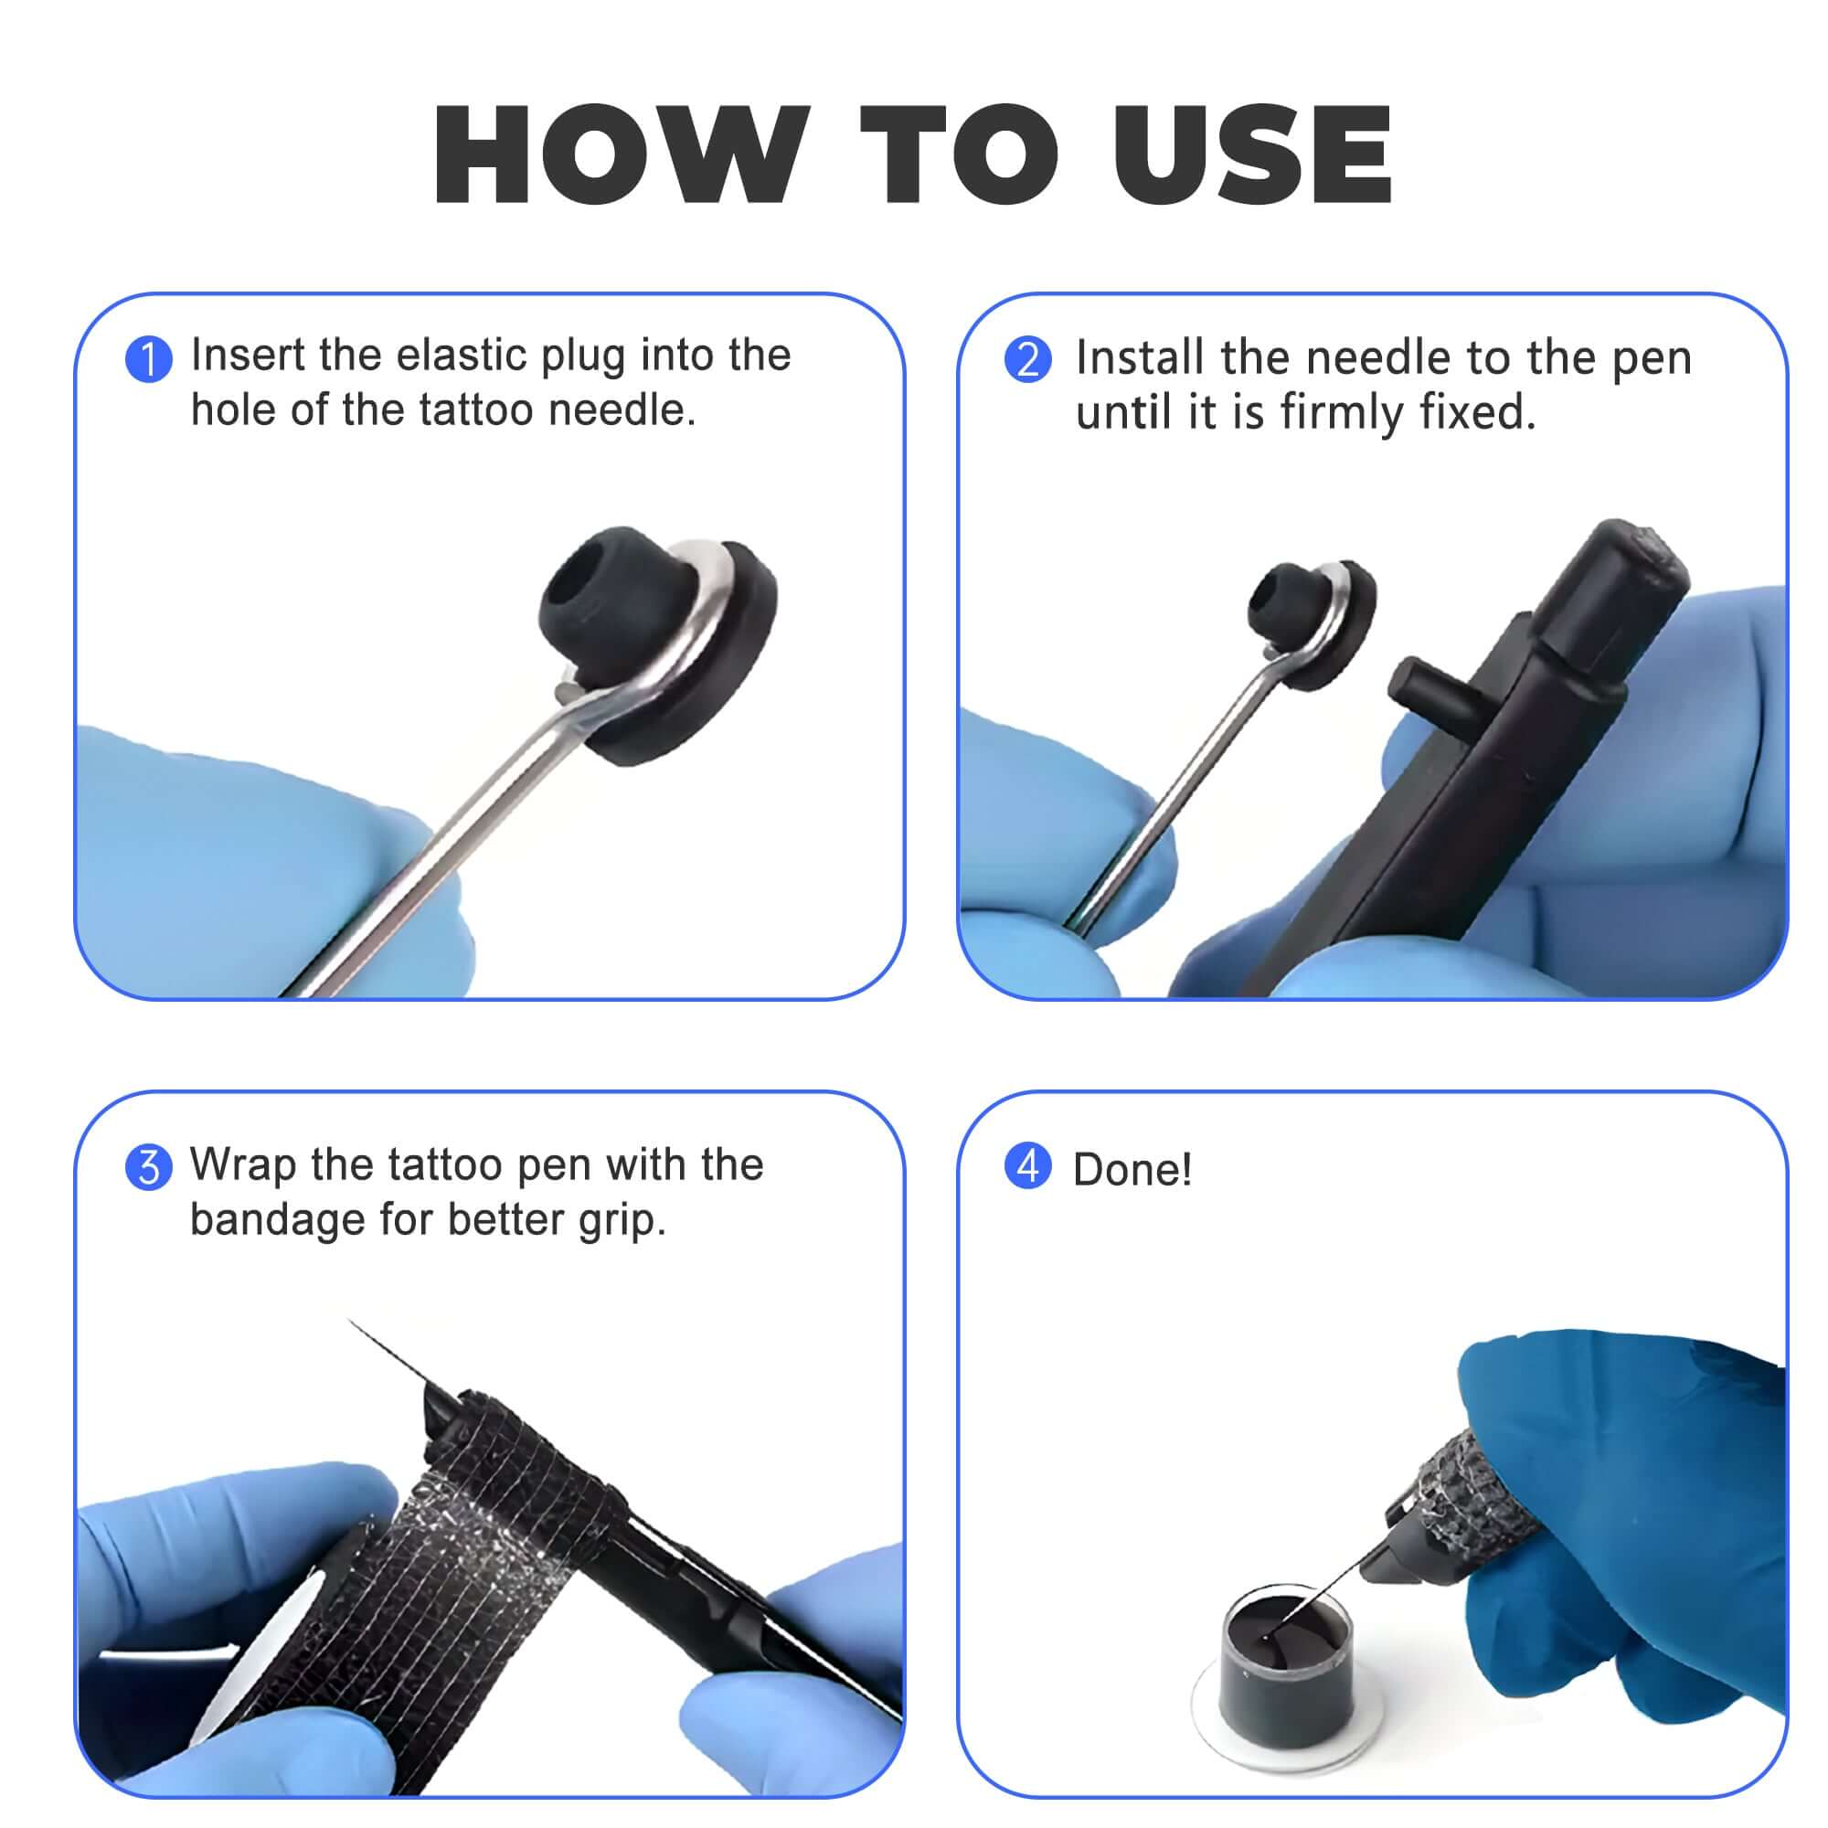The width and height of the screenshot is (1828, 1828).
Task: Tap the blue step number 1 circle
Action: pyautogui.click(x=149, y=359)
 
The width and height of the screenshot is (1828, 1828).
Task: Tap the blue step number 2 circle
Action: pyautogui.click(x=1027, y=359)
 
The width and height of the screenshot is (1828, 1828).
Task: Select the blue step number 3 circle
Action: pyautogui.click(x=149, y=1166)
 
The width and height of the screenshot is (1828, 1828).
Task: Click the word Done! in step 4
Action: pyautogui.click(x=1132, y=1171)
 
